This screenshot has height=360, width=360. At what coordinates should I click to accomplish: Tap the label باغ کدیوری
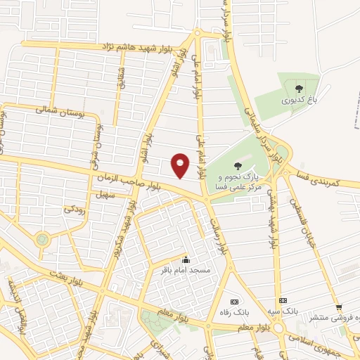(300, 101)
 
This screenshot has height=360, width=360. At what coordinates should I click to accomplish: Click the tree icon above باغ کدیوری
(300, 89)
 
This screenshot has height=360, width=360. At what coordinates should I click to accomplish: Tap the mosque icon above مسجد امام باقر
(186, 259)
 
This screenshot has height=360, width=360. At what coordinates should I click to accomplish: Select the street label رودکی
(75, 209)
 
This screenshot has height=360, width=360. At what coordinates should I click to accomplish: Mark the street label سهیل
(106, 195)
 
